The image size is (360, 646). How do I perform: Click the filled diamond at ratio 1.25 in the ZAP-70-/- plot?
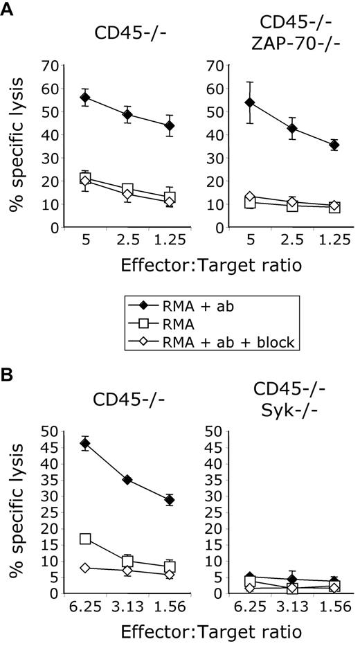[334, 145]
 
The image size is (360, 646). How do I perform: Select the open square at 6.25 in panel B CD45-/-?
[85, 539]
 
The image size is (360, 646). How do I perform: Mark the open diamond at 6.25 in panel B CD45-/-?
[85, 568]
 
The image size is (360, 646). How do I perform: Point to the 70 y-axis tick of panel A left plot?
[52, 66]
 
